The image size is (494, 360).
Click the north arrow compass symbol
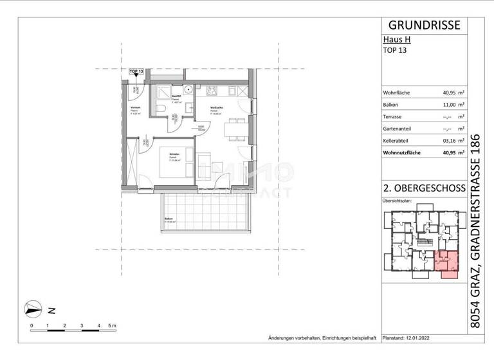click(33, 309)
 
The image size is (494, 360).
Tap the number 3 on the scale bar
click(82, 327)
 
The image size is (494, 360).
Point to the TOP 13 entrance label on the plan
click(136, 71)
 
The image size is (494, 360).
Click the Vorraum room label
click(136, 107)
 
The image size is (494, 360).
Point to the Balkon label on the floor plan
click(168, 219)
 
